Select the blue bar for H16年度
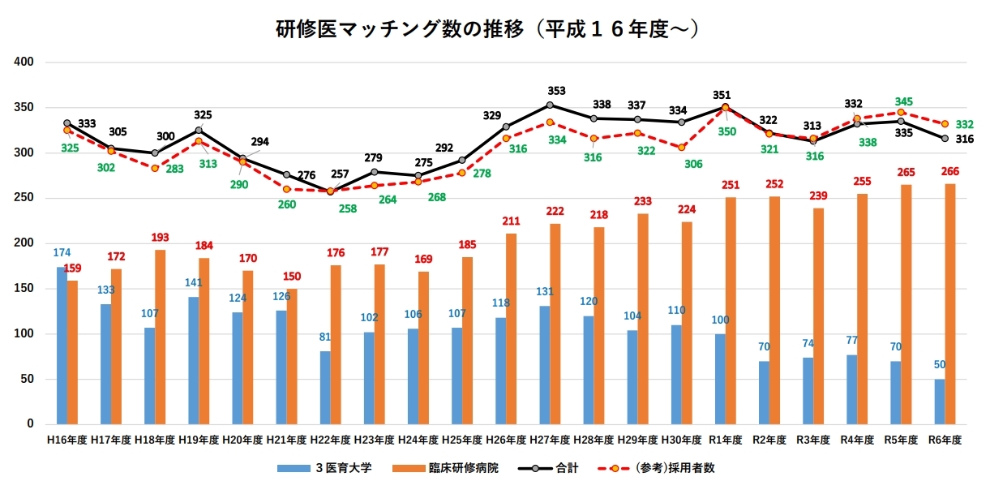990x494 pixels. [x=62, y=346]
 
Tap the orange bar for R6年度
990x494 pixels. [x=950, y=304]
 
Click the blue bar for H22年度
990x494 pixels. [x=325, y=388]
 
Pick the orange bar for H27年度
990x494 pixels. [x=555, y=324]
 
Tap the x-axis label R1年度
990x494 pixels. [x=726, y=440]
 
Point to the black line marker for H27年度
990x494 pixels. [x=550, y=105]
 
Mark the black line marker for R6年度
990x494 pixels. [x=945, y=139]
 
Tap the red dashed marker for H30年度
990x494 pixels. [x=682, y=147]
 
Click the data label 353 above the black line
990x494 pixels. [x=556, y=91]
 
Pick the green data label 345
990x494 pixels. [x=904, y=101]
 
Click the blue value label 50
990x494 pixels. [x=940, y=365]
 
